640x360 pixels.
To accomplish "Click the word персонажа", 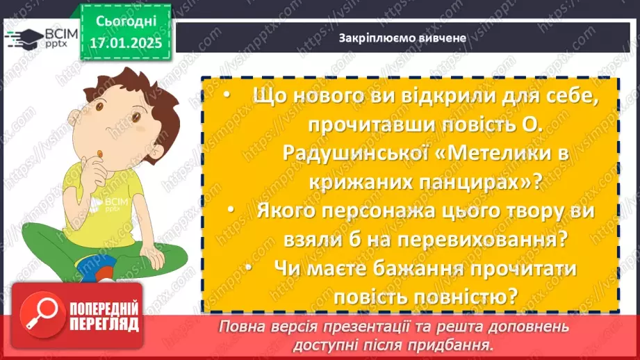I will pos(377,210).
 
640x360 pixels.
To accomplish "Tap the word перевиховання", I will pos(459,238).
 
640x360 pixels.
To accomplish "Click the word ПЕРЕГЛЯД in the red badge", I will pos(103,324).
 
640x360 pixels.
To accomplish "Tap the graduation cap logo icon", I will pos(22,37).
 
